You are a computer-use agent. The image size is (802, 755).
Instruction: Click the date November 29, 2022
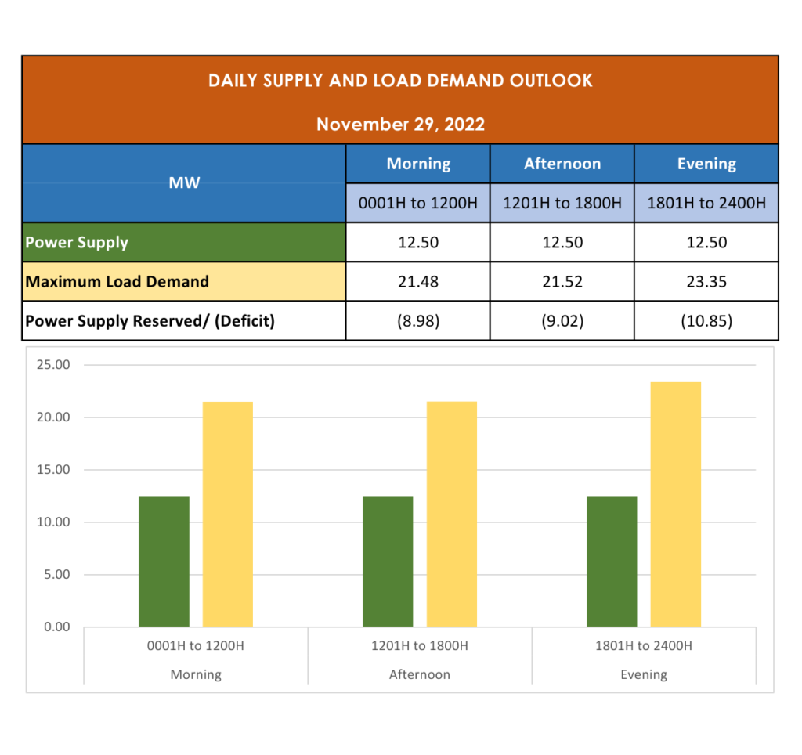(x=400, y=124)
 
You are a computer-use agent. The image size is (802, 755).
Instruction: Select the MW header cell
(x=184, y=182)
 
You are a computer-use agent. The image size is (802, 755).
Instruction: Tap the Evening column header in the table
(x=706, y=164)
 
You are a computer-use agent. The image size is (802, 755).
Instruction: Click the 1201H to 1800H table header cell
(x=562, y=204)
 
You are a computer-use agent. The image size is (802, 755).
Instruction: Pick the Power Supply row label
(x=77, y=242)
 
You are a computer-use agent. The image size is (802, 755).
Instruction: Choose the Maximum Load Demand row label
(x=117, y=281)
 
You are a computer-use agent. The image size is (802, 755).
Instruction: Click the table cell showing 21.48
(x=417, y=281)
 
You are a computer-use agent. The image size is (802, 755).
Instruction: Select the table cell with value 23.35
(x=706, y=281)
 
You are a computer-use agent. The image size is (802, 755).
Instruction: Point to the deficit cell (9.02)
(x=562, y=321)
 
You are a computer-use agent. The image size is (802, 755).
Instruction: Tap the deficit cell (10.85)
(x=706, y=321)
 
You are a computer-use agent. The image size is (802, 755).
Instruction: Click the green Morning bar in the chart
(x=164, y=561)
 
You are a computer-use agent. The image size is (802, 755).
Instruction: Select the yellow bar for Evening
(x=675, y=504)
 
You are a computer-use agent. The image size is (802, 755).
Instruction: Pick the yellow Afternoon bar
(x=451, y=514)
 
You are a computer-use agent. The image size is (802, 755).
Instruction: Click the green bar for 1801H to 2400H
(x=612, y=561)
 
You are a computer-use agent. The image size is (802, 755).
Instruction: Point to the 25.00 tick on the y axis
(x=53, y=365)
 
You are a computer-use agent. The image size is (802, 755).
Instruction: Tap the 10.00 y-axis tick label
(x=53, y=522)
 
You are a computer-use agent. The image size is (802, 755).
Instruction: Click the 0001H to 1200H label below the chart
(x=196, y=646)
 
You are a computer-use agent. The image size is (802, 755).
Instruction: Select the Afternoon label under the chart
(x=420, y=674)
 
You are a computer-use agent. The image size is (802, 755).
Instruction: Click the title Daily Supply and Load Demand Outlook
(x=400, y=81)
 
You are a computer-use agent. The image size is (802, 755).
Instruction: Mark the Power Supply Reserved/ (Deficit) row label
(x=150, y=321)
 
